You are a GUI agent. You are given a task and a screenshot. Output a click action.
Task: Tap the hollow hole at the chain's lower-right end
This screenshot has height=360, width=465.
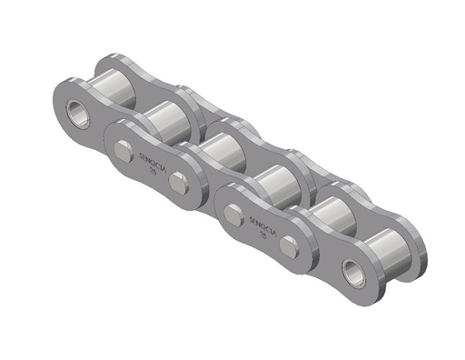pyautogui.click(x=351, y=269)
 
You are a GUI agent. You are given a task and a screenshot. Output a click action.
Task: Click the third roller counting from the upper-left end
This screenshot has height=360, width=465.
pyautogui.click(x=218, y=149)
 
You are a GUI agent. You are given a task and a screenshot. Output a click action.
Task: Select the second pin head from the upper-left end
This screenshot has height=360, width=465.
pyautogui.click(x=180, y=180)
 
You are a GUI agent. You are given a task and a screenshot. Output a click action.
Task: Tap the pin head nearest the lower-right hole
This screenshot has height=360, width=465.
pyautogui.click(x=289, y=246)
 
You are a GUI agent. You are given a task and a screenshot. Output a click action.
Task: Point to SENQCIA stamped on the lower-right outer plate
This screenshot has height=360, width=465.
pyautogui.click(x=262, y=222)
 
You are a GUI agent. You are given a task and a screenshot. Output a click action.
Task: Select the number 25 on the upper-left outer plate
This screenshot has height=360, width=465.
pyautogui.click(x=152, y=169)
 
